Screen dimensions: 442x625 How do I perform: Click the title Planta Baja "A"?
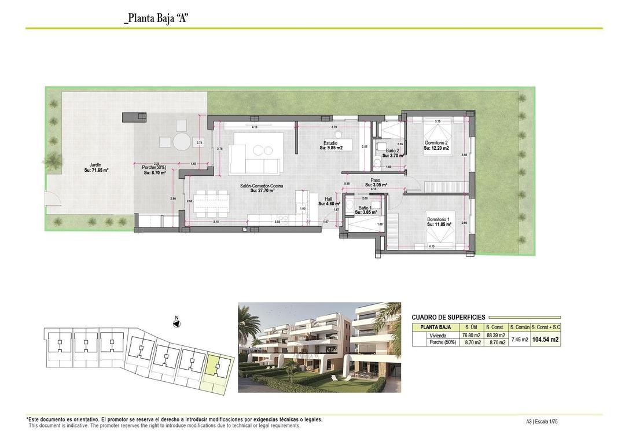pyautogui.click(x=157, y=18)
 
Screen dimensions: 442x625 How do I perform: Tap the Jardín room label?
pyautogui.click(x=96, y=168)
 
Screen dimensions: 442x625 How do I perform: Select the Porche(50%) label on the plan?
pyautogui.click(x=154, y=170)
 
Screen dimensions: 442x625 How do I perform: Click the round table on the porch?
pyautogui.click(x=182, y=141)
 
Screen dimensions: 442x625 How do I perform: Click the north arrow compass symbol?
pyautogui.click(x=177, y=322)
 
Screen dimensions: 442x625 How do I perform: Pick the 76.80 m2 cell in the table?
pyautogui.click(x=468, y=335)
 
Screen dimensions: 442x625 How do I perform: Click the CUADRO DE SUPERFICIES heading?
pyautogui.click(x=448, y=317)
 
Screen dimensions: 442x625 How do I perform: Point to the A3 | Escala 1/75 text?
pyautogui.click(x=542, y=422)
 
